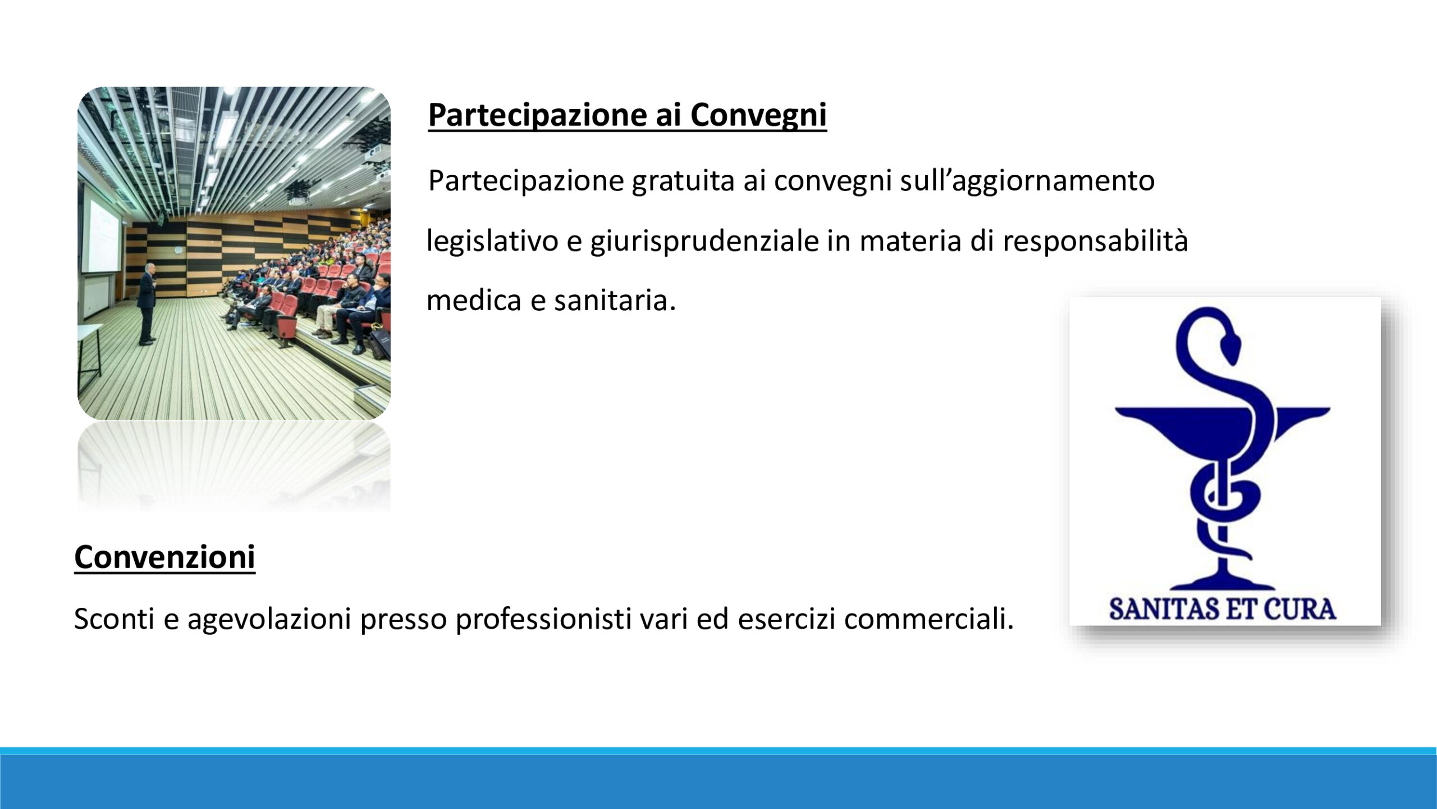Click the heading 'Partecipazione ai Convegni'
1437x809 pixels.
[x=627, y=115]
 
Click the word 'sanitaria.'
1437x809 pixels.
[x=615, y=300]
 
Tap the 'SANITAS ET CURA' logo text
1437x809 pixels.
[x=1223, y=610]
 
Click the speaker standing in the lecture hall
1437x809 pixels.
[x=147, y=303]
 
